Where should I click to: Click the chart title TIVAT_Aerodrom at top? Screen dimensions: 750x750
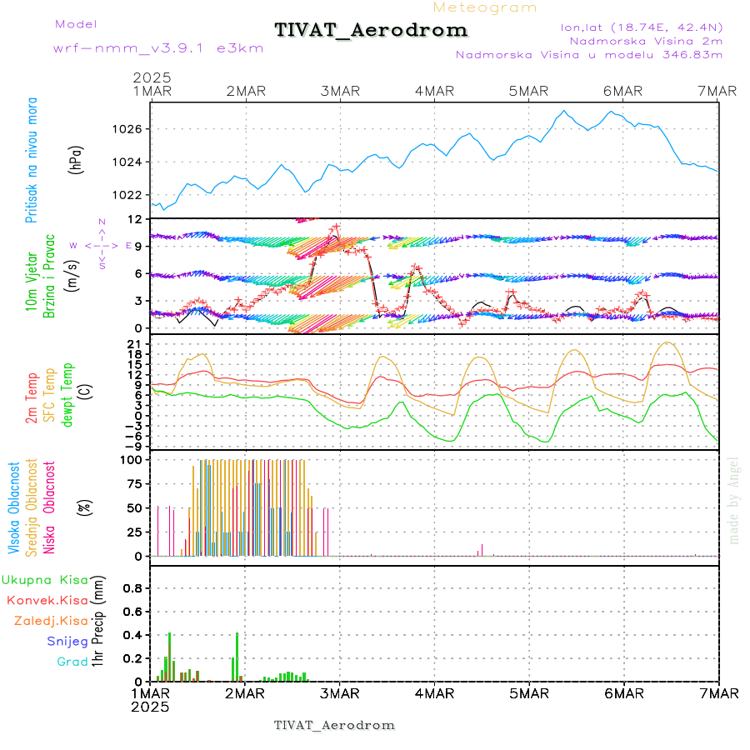(371, 30)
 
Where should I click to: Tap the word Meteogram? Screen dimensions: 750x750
(485, 7)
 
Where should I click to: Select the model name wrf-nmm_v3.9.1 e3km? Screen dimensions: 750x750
(158, 48)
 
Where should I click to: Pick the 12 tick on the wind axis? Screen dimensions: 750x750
(134, 219)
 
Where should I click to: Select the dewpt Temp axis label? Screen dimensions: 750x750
(67, 395)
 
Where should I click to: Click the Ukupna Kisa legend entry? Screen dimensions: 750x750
(44, 580)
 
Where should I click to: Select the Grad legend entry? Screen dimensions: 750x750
(72, 662)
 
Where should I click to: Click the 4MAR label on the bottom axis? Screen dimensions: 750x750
(433, 693)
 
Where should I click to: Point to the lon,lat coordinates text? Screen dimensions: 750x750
(642, 27)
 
